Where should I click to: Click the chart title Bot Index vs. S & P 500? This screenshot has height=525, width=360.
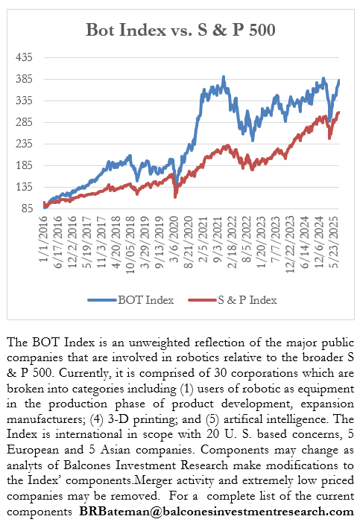181,30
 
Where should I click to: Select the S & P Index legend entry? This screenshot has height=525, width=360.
243,300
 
